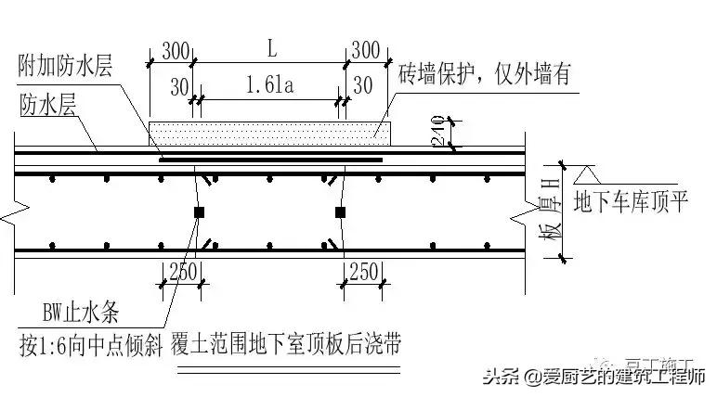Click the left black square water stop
pyautogui.click(x=199, y=213)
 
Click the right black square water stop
pyautogui.click(x=341, y=213)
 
